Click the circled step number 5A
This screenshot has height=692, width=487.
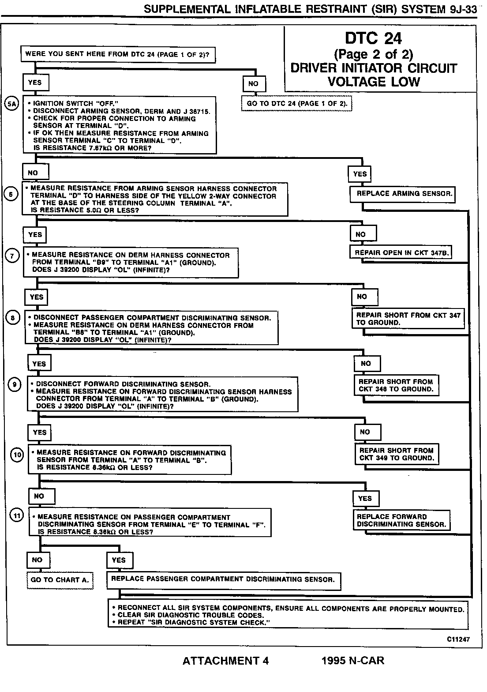(11, 104)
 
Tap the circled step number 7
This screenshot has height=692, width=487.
(12, 255)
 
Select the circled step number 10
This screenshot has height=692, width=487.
(17, 455)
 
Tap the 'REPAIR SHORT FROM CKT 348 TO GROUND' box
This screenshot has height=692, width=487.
(396, 385)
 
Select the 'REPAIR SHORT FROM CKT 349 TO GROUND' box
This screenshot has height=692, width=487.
(397, 454)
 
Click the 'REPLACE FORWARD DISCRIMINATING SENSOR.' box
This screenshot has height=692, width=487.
(401, 520)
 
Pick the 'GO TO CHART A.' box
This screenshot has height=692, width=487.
(60, 580)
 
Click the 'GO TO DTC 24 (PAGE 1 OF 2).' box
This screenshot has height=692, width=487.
(297, 104)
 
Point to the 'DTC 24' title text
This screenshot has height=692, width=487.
(373, 38)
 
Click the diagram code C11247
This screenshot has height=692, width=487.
(457, 639)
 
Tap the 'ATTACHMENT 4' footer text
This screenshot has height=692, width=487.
(225, 661)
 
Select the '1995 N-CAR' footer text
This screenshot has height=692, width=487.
(353, 661)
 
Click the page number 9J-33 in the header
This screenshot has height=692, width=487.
(463, 9)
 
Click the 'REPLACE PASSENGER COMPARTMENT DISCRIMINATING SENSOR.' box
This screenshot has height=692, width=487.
(224, 579)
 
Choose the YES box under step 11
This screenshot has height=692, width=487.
(119, 560)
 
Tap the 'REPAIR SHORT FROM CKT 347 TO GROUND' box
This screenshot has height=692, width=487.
(408, 319)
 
